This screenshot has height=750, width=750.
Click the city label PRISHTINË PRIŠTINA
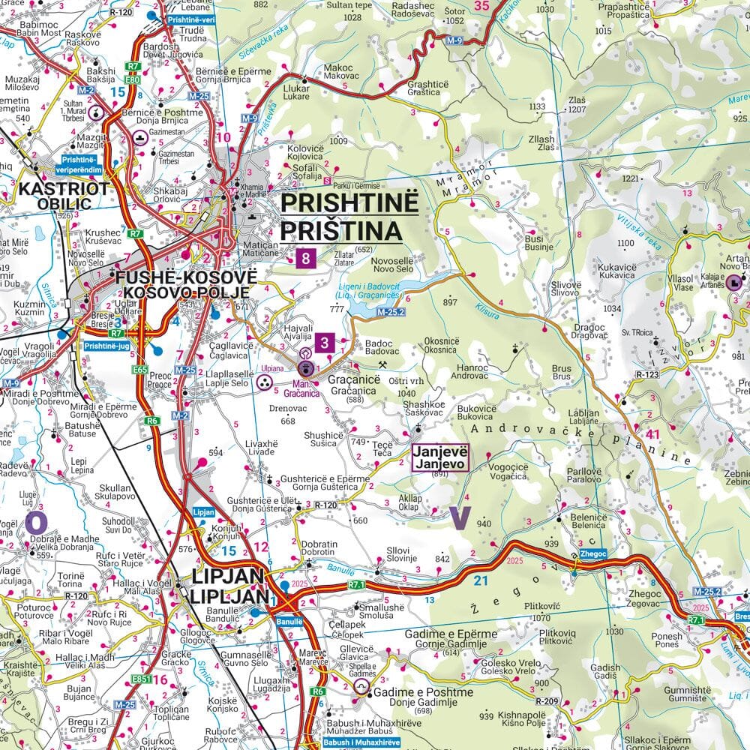click(341, 217)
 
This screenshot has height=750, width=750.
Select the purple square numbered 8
click(305, 259)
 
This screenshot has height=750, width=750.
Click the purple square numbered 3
click(324, 343)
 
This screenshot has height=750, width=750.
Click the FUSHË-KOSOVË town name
click(186, 277)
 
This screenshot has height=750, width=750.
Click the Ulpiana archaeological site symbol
click(264, 383)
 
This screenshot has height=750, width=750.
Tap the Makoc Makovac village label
click(337, 71)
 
